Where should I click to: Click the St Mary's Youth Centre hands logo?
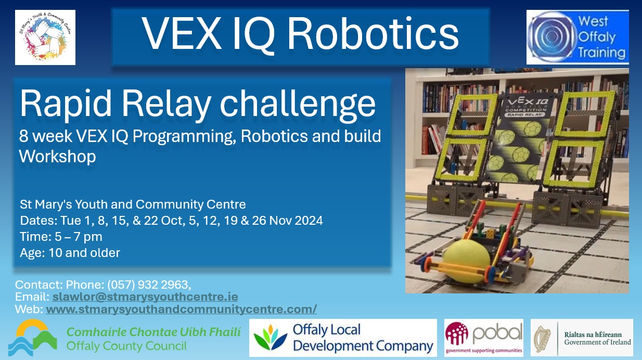45,37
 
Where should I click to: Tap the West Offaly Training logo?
577,37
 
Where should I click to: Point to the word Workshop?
57,156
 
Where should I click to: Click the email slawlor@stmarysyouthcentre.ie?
145,297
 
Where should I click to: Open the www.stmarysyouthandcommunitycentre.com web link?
181,309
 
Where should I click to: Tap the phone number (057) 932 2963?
149,285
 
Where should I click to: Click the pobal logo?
483,338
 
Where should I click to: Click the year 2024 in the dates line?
309,221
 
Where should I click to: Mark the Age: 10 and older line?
70,253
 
